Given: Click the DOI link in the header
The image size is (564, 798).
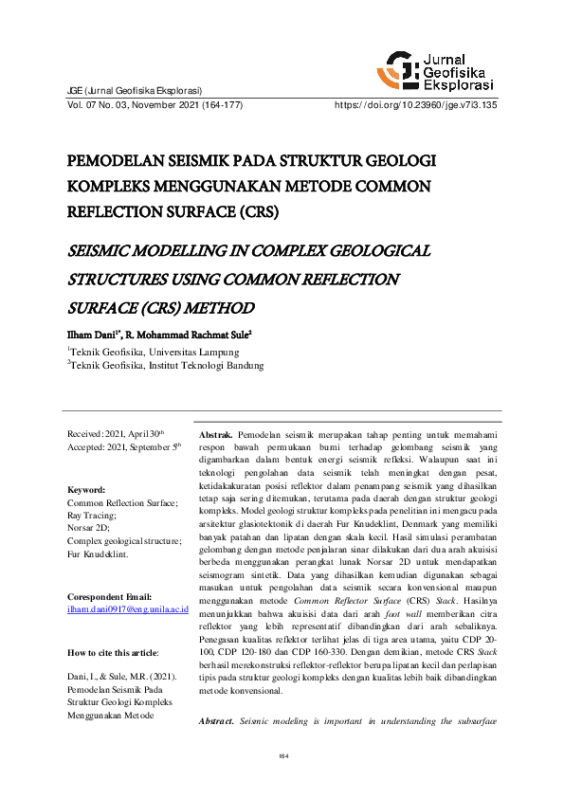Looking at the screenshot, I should [x=416, y=105].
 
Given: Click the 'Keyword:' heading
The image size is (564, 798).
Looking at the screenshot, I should [x=86, y=490].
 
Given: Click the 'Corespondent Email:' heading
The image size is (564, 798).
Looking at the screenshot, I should [x=109, y=570].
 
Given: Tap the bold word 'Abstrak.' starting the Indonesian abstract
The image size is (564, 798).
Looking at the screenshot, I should [x=215, y=432].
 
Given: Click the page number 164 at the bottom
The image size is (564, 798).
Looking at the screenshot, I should [x=282, y=755].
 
